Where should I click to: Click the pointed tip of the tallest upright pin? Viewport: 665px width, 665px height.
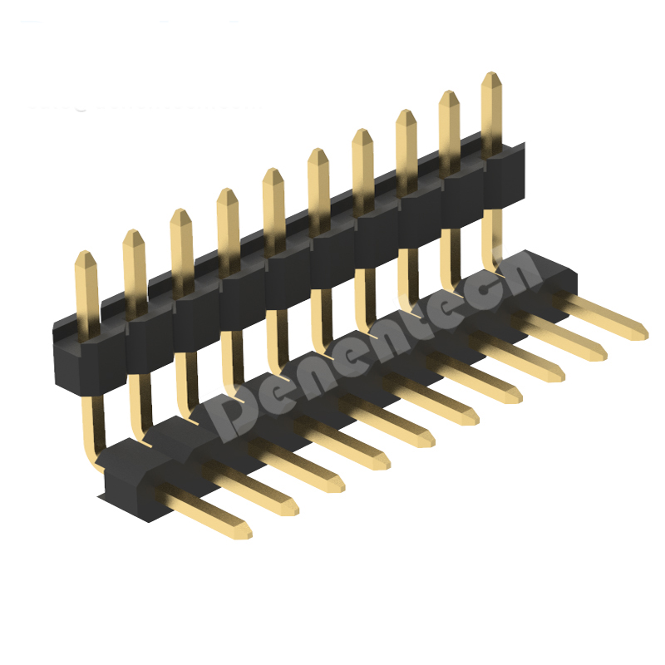491,73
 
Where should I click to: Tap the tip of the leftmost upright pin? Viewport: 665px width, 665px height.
86,253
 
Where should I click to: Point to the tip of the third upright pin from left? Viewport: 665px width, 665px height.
181,210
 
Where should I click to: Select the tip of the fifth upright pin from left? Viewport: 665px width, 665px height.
273,170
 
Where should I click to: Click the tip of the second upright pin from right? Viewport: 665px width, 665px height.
449,92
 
